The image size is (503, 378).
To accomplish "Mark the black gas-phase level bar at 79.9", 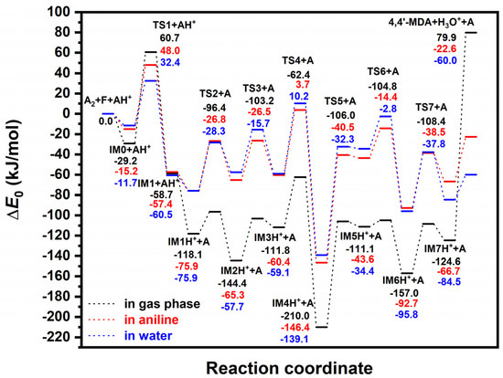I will pyautogui.click(x=472, y=32).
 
